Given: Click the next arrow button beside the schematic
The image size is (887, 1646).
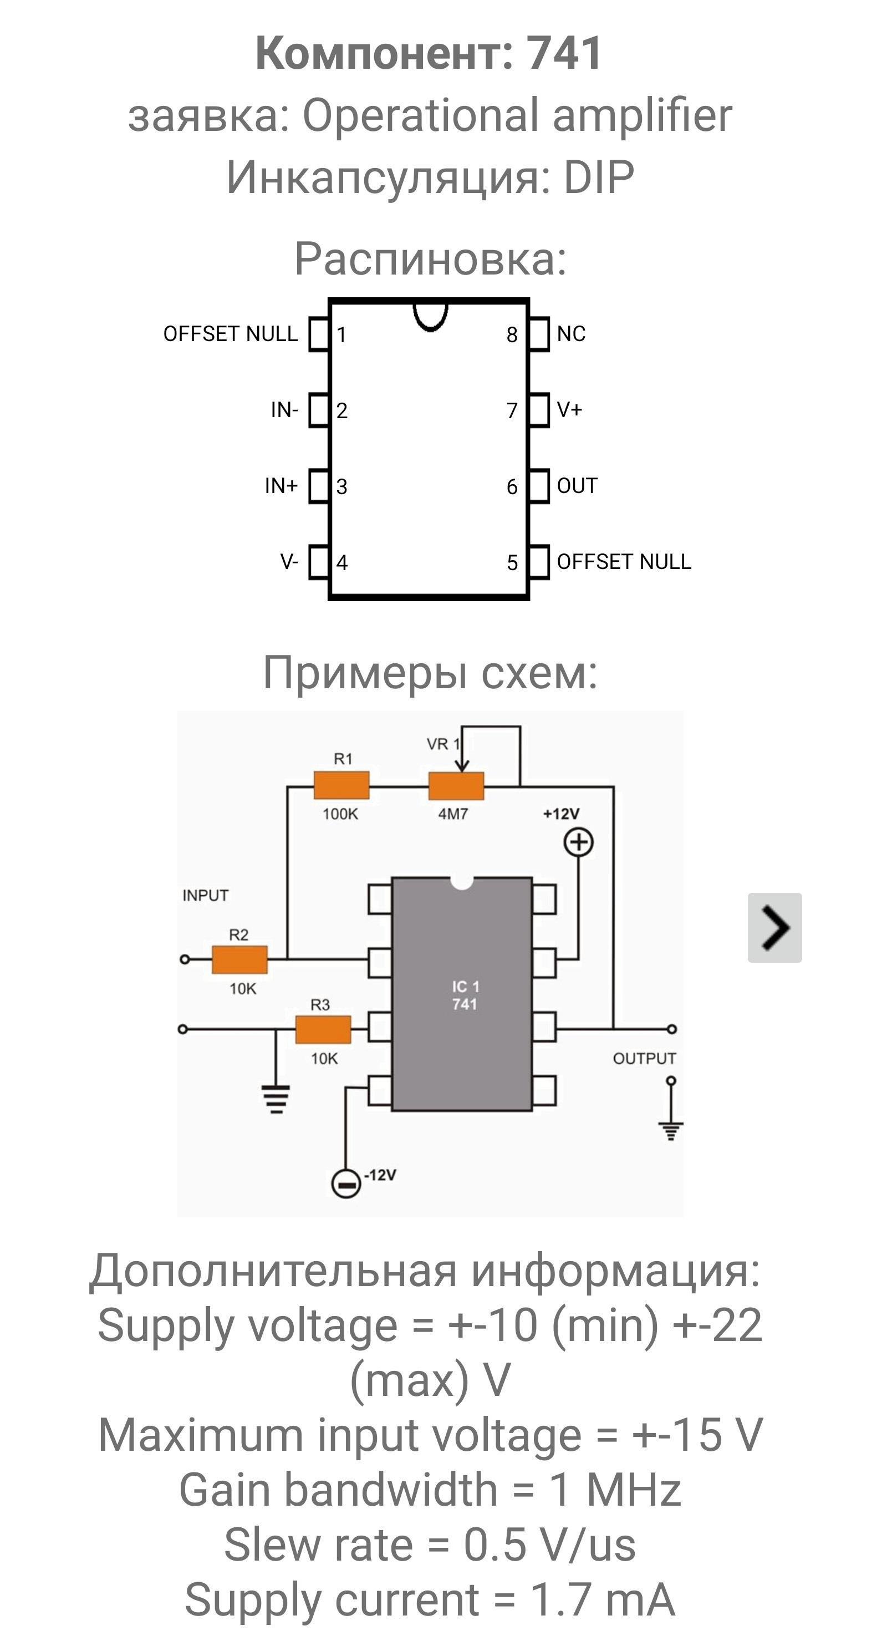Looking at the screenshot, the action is (x=774, y=927).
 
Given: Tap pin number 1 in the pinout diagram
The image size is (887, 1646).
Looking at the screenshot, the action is (x=341, y=335).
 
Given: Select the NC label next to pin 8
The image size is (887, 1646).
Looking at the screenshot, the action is (x=571, y=333).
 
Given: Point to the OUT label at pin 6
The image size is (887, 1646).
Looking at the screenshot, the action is (x=577, y=486).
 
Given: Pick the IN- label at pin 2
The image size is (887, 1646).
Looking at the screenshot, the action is (x=284, y=410).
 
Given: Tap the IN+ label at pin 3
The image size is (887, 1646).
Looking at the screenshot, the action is (x=281, y=486).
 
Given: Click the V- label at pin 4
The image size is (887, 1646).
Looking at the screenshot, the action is (x=289, y=562).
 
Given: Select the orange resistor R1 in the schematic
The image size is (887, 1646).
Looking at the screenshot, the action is (x=341, y=785).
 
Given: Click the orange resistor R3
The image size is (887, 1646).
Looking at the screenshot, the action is (x=323, y=1029).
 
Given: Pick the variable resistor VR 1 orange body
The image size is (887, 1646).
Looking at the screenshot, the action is (x=456, y=786).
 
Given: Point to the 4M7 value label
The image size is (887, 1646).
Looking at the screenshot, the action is (x=453, y=814).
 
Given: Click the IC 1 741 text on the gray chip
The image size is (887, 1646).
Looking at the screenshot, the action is (x=465, y=995).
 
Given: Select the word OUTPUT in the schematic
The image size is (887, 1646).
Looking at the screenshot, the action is (x=644, y=1059).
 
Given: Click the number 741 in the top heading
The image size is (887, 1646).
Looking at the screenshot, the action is (x=564, y=53).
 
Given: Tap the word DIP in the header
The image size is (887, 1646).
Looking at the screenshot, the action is (x=599, y=177).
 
